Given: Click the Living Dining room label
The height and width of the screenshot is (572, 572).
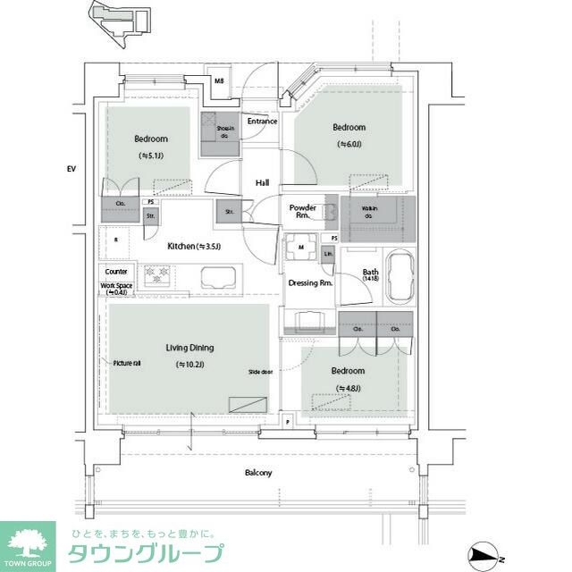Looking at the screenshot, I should [189, 348].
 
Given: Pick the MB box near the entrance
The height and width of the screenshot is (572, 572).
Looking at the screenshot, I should [219, 82].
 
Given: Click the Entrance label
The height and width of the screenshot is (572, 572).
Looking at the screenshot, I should [262, 122].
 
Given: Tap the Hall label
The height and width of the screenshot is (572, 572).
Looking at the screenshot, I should [262, 183].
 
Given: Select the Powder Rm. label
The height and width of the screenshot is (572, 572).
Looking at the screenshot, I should [302, 211].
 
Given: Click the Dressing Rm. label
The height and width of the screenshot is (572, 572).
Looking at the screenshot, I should [310, 283].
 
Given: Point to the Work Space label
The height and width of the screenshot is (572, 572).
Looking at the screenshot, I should [116, 289].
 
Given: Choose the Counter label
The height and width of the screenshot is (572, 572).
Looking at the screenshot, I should [116, 272].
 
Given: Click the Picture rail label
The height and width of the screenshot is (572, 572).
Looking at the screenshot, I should [127, 363].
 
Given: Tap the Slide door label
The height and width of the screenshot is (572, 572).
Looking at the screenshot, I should [261, 371].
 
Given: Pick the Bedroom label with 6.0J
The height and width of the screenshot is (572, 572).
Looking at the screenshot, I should [349, 134].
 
